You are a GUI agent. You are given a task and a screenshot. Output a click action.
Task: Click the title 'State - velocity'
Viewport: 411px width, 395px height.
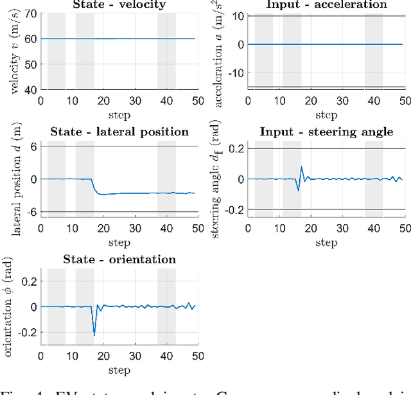(119, 5)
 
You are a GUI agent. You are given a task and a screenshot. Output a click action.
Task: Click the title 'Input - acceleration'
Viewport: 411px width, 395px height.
(327, 5)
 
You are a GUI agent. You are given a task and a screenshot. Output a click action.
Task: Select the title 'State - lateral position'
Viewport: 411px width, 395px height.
(119, 132)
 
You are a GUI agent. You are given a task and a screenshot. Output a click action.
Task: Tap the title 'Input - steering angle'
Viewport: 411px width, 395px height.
(326, 132)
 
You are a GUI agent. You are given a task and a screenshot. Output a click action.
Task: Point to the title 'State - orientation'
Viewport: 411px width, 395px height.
(119, 259)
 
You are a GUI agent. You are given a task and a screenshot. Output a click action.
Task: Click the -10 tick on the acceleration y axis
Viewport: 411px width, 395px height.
(238, 73)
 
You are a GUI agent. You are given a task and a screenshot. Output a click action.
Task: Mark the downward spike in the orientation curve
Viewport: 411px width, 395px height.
(94, 334)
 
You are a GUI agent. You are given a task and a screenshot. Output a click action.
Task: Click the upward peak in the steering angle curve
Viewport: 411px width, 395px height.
(302, 167)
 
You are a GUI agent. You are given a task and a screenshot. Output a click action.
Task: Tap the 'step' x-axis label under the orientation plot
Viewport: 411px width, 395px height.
(119, 370)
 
